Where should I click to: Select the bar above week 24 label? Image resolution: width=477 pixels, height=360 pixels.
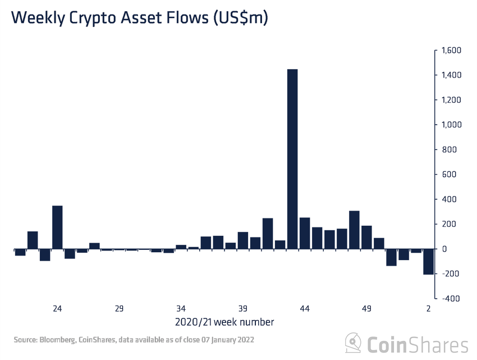[x=57, y=227]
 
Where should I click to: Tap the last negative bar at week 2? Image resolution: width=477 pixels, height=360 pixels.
[x=428, y=261]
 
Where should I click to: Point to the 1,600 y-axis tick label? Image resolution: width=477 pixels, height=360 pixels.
[x=450, y=51]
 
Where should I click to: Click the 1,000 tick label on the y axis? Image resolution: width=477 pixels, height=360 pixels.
[x=450, y=125]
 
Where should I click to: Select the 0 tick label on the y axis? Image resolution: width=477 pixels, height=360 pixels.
[x=444, y=249]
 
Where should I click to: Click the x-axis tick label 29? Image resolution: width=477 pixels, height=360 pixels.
[x=119, y=308]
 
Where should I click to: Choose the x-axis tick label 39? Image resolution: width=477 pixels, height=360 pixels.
[x=243, y=308]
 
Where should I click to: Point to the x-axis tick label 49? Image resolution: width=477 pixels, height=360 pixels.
[x=366, y=308]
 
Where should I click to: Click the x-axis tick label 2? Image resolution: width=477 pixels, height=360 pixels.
[x=428, y=308]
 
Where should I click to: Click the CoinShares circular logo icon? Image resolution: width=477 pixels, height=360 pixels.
[x=354, y=342]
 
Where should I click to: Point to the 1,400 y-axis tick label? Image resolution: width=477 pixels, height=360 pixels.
[x=450, y=75]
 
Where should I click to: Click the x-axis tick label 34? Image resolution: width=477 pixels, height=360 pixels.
[x=181, y=308]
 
